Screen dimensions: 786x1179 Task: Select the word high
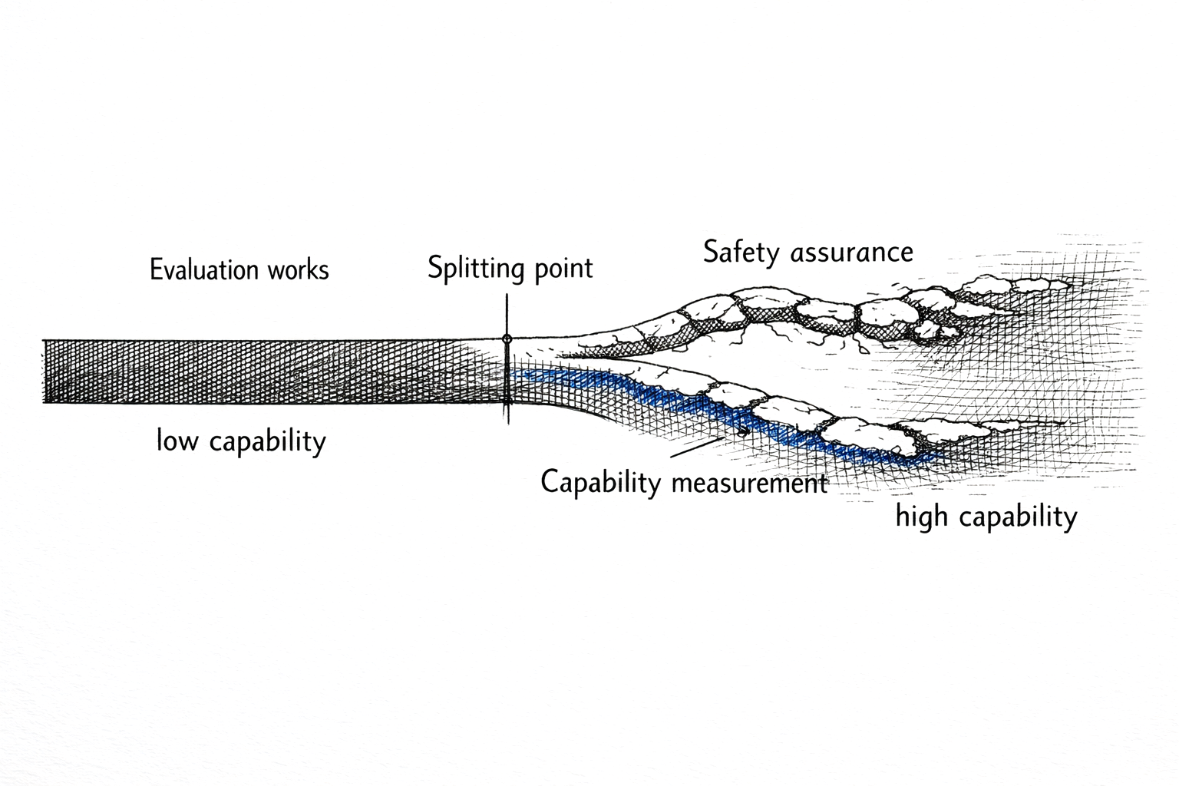click(x=922, y=517)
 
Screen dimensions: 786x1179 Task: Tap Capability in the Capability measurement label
click(x=600, y=484)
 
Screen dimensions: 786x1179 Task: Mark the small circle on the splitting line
click(x=507, y=339)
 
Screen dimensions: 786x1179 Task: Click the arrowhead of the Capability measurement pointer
click(x=743, y=433)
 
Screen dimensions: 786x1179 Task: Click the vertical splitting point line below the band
click(x=507, y=414)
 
